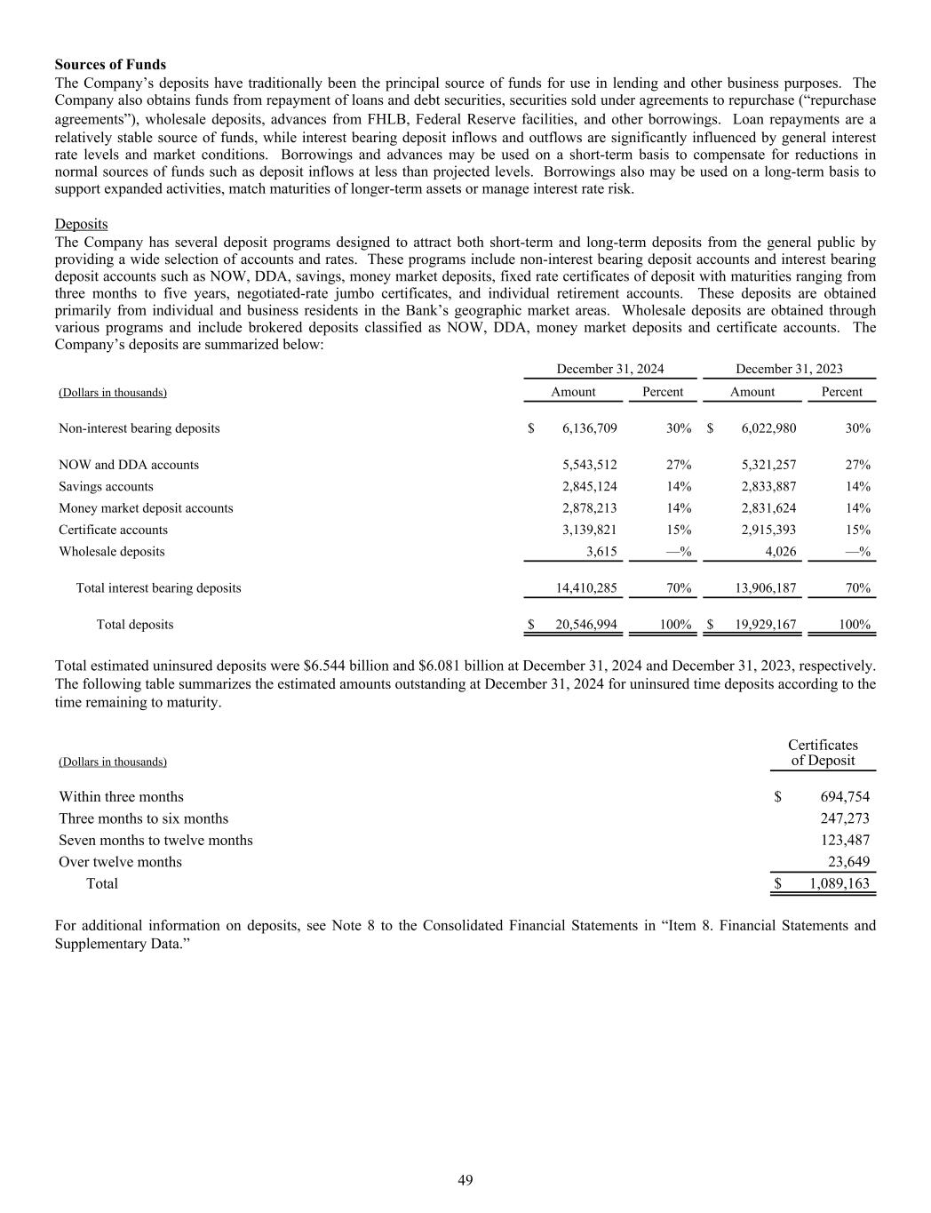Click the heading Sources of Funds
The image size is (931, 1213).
[110, 65]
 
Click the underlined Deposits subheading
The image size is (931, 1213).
[81, 224]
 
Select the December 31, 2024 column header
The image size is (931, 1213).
[609, 369]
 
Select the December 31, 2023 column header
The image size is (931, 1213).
[789, 369]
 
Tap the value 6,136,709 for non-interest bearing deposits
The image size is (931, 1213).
[589, 428]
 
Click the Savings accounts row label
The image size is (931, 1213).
[106, 487]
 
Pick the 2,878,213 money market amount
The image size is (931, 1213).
[589, 508]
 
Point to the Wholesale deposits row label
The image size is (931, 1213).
[111, 552]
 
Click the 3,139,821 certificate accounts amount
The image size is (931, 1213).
[589, 531]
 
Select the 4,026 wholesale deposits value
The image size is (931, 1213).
[779, 552]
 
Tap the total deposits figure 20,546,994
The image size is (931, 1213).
[585, 625]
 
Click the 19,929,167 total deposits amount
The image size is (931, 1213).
[765, 625]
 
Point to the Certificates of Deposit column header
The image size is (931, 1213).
[823, 753]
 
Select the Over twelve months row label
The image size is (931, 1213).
[120, 862]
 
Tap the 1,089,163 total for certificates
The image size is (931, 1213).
[839, 884]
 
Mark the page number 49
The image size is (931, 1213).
[465, 1180]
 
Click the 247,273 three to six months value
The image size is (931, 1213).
[845, 818]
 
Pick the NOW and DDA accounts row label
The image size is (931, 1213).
[129, 465]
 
